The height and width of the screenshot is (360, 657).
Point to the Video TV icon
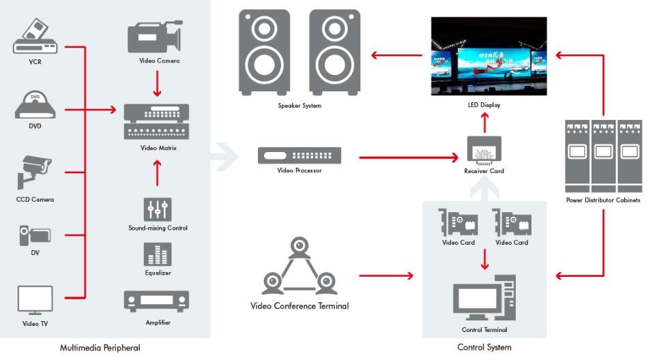pos(35,301)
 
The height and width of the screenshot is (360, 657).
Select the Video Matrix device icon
pos(156,122)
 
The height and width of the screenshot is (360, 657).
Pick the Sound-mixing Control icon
pos(158,209)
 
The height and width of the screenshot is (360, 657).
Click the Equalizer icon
pos(158,254)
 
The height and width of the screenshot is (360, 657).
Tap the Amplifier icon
pos(157,301)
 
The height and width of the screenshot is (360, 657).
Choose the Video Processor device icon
pos(299,156)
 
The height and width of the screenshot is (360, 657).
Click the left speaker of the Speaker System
pos(264,51)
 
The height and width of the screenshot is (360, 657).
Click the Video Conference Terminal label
pos(300,306)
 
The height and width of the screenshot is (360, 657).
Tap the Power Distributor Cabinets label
pos(603,200)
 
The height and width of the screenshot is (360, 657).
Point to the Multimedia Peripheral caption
pos(100,348)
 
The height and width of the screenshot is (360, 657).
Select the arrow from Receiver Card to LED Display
pos(484,123)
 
